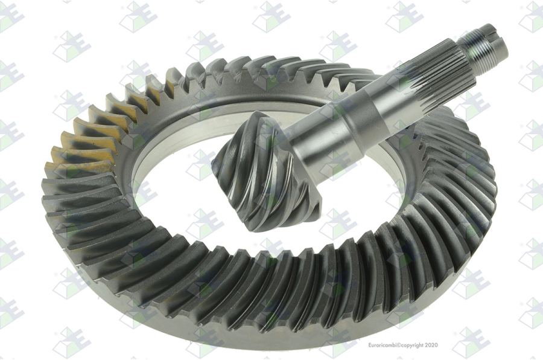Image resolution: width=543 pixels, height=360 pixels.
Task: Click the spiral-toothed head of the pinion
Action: [267, 173]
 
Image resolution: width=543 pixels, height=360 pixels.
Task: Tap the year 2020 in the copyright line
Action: [431, 345]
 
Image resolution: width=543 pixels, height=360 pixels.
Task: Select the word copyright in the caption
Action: [412, 346]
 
